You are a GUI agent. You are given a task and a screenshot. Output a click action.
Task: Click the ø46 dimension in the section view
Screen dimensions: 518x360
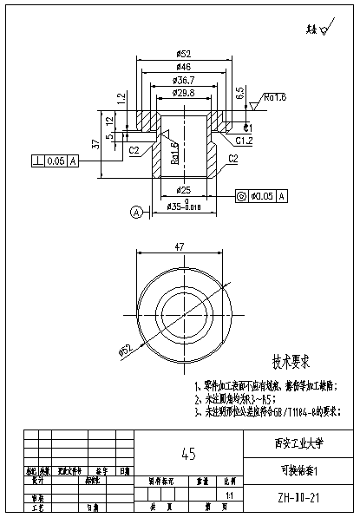pos(183,67)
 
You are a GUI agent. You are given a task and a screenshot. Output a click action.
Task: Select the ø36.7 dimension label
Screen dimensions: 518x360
pos(183,79)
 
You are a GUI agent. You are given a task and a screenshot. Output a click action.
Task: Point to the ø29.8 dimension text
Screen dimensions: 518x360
pos(183,92)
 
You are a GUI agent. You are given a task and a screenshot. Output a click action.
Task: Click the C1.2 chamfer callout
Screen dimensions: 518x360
pos(244,140)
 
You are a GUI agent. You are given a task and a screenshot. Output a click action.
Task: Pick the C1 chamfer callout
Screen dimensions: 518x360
pos(248,128)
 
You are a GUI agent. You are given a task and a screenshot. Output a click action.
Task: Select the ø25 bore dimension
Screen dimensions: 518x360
pos(183,189)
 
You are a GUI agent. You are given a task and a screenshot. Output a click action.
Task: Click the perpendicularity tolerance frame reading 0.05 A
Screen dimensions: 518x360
pos(55,161)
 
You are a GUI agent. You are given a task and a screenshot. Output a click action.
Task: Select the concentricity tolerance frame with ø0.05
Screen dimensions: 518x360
pos(262,197)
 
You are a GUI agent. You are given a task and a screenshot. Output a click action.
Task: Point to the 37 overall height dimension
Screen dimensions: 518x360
pos(95,144)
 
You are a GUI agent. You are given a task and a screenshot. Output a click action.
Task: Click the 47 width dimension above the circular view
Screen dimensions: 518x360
pos(180,247)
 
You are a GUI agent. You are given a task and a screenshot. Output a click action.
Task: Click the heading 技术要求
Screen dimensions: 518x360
pos(291,360)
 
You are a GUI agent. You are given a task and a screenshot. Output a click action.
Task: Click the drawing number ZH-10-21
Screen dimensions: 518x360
pos(296,500)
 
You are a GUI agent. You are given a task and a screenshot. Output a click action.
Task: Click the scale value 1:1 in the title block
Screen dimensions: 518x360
pos(230,495)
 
